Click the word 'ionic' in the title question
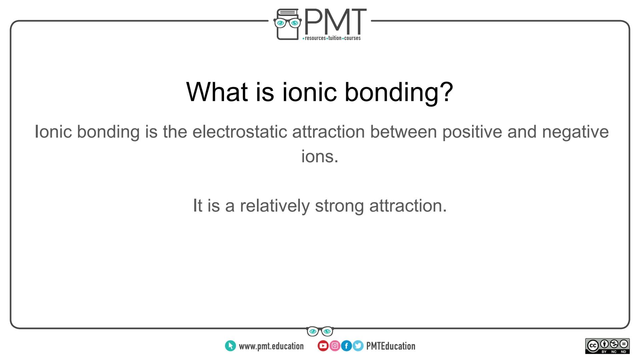click(x=309, y=92)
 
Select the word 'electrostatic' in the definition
click(x=239, y=132)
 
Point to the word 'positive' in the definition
click(x=472, y=132)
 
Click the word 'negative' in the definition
click(x=575, y=132)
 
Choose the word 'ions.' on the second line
click(x=320, y=156)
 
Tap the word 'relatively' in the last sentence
click(x=274, y=205)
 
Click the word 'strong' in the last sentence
click(x=339, y=205)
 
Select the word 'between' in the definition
click(x=403, y=132)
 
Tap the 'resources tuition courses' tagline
click(x=332, y=38)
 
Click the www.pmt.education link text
click(x=271, y=346)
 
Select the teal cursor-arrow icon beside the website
click(x=230, y=346)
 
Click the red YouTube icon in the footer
click(x=323, y=346)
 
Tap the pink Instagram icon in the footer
click(x=335, y=346)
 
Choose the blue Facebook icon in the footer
click(x=346, y=346)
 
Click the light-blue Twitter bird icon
click(x=358, y=346)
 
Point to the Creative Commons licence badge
click(x=607, y=346)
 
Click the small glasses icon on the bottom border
click(x=320, y=331)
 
